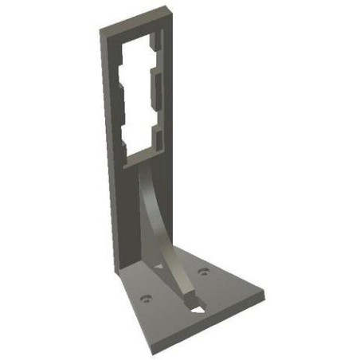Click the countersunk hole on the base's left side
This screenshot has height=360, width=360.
(146, 299)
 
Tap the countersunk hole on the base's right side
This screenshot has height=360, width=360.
(205, 272)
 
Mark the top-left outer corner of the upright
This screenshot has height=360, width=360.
(101, 30)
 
